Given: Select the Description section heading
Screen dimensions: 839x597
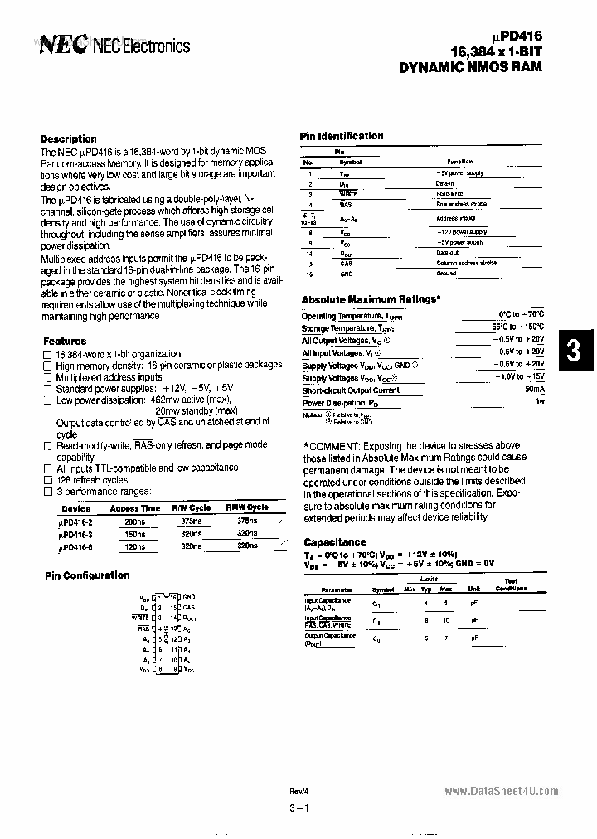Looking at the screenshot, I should pos(68,138).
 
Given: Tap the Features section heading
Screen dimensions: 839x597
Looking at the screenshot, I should pos(64,341).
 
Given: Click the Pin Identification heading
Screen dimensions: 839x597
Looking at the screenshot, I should pos(341,136).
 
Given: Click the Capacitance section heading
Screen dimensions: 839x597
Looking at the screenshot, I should pos(335,542).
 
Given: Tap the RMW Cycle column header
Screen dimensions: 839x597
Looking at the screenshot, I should pos(247,507).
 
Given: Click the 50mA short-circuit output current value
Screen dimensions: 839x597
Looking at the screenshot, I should pos(534,390).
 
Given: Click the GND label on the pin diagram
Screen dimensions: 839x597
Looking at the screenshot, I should pos(189,597).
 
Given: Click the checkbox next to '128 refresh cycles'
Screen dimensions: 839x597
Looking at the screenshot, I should pos(47,480).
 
